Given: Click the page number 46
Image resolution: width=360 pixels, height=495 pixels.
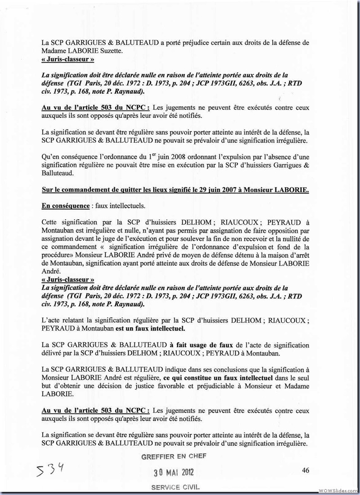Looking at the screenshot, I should tap(306, 471).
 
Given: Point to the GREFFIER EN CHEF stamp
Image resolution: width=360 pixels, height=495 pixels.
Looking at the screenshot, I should tap(174, 456).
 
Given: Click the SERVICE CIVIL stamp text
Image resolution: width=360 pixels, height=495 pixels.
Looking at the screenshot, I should tap(175, 487).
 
